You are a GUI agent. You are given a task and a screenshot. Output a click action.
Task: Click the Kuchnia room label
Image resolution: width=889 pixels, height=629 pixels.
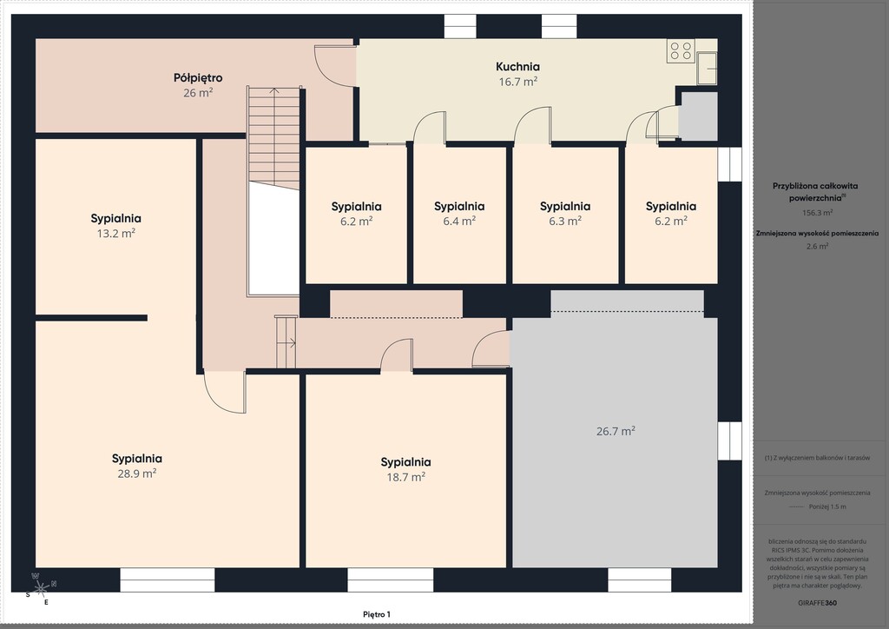tap(517, 66)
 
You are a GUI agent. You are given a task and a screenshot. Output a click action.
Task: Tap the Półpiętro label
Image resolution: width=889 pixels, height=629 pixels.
tap(198, 77)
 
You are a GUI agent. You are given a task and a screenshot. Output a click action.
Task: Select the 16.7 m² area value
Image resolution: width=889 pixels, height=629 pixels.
tap(517, 82)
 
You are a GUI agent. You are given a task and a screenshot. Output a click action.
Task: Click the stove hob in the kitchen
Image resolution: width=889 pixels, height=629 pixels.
tap(681, 50)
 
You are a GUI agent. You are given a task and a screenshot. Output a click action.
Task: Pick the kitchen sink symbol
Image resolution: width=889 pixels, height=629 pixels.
tap(707, 68)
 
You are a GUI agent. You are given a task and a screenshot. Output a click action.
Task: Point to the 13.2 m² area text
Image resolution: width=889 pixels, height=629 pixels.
tap(115, 233)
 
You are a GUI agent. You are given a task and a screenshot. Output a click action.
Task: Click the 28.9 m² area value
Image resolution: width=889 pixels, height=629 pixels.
tap(136, 473)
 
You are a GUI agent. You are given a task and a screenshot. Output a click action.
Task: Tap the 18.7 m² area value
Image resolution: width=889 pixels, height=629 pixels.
tap(406, 477)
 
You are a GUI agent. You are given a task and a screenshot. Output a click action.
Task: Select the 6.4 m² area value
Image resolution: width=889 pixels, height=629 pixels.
tap(459, 221)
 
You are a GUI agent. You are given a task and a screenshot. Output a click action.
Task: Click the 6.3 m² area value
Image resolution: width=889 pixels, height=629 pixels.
tap(564, 221)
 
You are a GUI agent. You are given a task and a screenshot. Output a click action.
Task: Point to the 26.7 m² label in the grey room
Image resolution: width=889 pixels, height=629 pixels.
tap(616, 431)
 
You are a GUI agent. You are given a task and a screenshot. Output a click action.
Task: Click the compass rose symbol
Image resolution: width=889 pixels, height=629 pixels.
tap(42, 589)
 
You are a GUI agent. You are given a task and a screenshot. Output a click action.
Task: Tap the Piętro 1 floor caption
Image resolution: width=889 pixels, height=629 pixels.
tap(377, 614)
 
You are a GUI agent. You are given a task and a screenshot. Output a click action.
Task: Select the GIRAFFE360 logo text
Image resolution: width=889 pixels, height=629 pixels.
tap(817, 603)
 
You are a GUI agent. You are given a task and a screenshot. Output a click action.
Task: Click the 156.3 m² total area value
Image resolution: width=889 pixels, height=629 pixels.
tap(817, 213)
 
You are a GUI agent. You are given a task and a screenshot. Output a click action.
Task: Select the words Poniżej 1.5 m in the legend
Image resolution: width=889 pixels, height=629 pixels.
tap(827, 507)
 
